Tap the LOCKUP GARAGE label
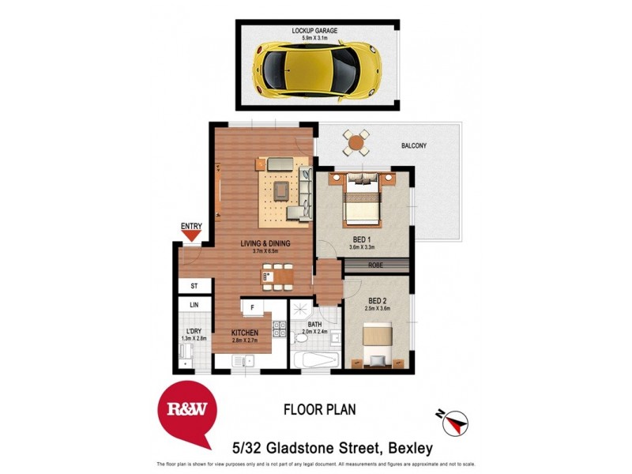tap(314, 31)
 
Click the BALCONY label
tap(413, 145)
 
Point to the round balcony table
tap(356, 144)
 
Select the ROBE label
tap(376, 266)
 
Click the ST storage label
tap(194, 286)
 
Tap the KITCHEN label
tap(246, 333)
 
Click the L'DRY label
tap(193, 331)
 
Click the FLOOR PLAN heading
tap(319, 409)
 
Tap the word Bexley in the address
tap(409, 448)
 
